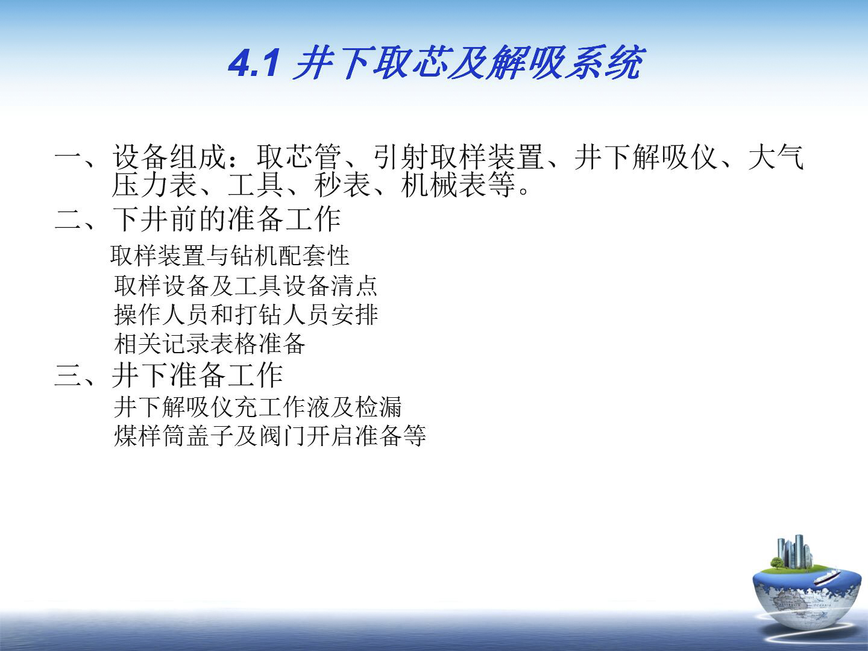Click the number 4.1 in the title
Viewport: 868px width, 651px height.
[x=254, y=63]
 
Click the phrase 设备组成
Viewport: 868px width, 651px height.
[x=169, y=157]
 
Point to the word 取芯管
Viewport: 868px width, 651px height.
[x=299, y=157]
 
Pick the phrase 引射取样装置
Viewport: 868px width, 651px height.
[x=458, y=157]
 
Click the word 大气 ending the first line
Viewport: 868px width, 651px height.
[x=776, y=157]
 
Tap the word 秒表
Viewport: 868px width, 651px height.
[x=342, y=184]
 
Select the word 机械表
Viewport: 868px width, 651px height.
[x=443, y=184]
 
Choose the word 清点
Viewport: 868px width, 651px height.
[x=354, y=285]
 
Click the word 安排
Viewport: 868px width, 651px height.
[x=354, y=315]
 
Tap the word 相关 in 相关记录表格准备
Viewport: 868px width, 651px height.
[x=138, y=344]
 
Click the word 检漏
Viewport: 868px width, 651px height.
[x=379, y=407]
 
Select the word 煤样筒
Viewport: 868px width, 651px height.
[x=149, y=436]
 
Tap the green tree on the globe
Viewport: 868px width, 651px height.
[x=776, y=563]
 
